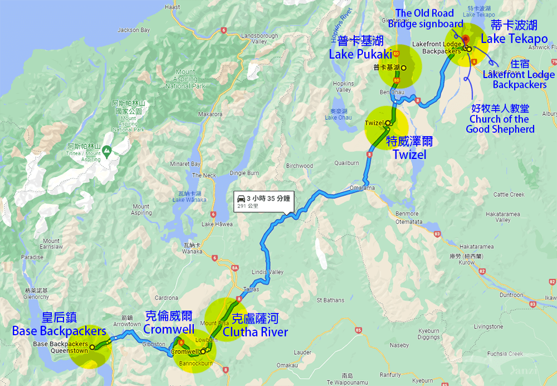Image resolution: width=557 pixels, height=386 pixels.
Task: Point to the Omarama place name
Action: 362,188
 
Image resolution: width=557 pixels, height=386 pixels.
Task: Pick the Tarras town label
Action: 250,290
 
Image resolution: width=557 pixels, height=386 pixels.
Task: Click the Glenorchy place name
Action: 37,297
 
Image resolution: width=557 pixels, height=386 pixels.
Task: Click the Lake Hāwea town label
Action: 214,224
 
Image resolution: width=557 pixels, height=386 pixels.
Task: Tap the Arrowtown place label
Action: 128,324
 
